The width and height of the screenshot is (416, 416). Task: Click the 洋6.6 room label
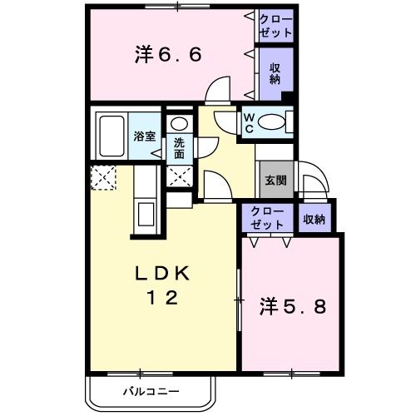(168, 55)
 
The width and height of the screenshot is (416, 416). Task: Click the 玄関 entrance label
(275, 179)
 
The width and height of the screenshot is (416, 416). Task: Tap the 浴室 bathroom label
(145, 136)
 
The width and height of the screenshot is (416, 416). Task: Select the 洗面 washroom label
(180, 148)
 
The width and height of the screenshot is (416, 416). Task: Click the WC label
(249, 122)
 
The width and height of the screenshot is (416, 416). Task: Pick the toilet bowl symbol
(273, 123)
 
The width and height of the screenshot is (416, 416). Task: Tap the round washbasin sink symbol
(180, 124)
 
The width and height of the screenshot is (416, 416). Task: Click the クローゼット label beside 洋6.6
(275, 26)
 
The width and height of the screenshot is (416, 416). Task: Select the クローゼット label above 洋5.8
(267, 219)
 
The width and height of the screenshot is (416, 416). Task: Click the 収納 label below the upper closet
(275, 73)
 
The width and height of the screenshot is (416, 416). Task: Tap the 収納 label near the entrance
(314, 219)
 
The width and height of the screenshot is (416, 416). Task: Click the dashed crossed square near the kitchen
(103, 177)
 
